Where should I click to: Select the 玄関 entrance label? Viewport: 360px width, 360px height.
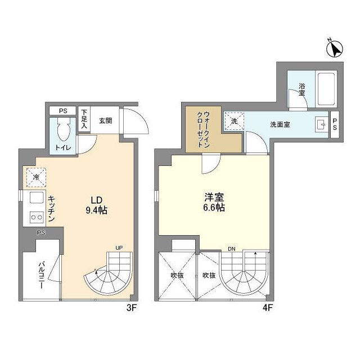coord(105,120)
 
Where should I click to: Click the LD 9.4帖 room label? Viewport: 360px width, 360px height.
coord(96,205)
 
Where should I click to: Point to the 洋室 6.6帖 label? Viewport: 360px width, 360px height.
coord(214,202)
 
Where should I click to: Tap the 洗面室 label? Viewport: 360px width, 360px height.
coord(280,124)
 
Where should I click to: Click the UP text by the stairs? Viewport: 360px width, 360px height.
coord(119,247)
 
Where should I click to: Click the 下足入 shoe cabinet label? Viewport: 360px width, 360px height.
coord(84,119)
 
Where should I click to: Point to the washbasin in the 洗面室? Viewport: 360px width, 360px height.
coord(319,125)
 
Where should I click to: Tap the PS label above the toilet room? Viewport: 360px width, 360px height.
coord(62,110)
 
